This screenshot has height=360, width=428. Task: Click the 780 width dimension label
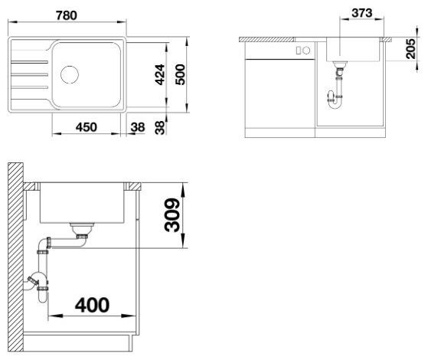[67, 15]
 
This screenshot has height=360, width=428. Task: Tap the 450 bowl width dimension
[87, 127]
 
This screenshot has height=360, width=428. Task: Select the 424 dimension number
[160, 74]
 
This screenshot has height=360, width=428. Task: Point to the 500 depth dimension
[180, 74]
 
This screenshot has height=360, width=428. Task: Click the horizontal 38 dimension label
[138, 127]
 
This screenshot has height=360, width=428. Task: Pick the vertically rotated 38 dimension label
[160, 128]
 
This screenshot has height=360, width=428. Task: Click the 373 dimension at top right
[362, 13]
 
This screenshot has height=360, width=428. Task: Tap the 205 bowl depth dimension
[410, 48]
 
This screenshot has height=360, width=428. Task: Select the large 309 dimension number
[172, 215]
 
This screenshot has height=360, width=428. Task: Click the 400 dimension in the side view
[92, 305]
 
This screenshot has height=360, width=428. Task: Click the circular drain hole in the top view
[70, 74]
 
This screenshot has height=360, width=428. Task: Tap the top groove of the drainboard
[29, 63]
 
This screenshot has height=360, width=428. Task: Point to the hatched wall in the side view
[15, 257]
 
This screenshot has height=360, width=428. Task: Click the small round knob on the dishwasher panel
[306, 51]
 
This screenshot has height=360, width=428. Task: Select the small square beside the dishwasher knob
[299, 51]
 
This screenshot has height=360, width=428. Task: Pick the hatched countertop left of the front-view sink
[266, 40]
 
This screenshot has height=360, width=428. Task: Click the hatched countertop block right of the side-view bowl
[135, 187]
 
